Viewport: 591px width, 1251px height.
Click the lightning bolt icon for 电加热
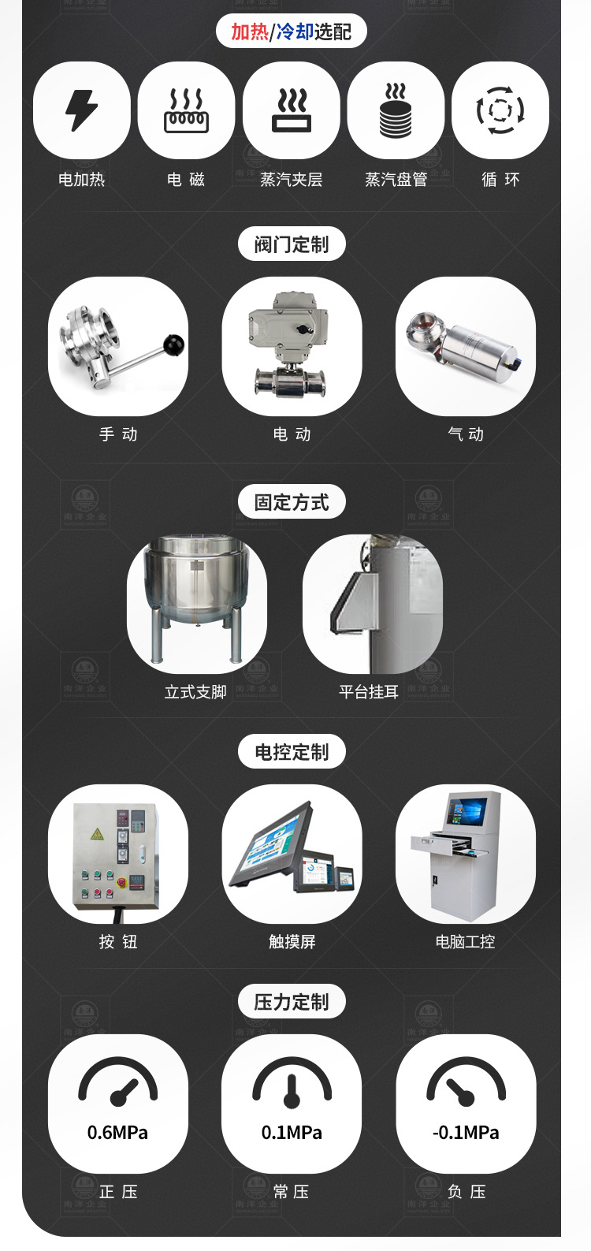pyautogui.click(x=82, y=110)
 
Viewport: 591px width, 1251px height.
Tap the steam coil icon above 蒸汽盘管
pyautogui.click(x=396, y=111)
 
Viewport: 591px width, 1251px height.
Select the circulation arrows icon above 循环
pyautogui.click(x=500, y=110)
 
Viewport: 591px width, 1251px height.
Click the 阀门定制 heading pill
pyautogui.click(x=292, y=244)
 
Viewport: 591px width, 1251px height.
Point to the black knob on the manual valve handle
pyautogui.click(x=173, y=344)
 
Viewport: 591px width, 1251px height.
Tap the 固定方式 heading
pyautogui.click(x=292, y=502)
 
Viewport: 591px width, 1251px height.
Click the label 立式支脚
pyautogui.click(x=195, y=692)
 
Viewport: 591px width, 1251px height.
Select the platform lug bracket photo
pyautogui.click(x=372, y=603)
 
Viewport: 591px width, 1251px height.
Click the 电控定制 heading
pyautogui.click(x=292, y=752)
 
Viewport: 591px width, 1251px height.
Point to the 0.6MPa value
pyautogui.click(x=117, y=1133)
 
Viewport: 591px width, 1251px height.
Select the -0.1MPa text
pyautogui.click(x=466, y=1133)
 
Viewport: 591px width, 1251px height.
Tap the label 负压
pyautogui.click(x=466, y=1192)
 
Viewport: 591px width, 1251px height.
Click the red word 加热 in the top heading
pyautogui.click(x=249, y=32)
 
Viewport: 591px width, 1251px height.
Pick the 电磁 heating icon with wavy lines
pyautogui.click(x=186, y=111)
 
